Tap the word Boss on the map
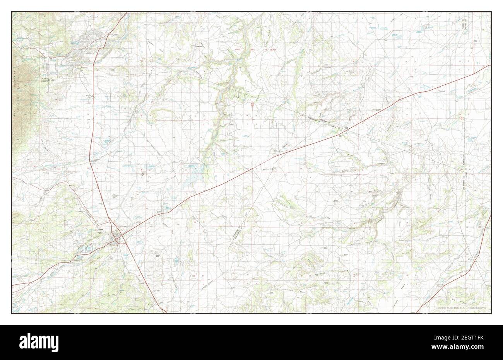[x=335, y=202]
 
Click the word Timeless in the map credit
[x=442, y=308]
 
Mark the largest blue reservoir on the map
[x=190, y=179]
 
